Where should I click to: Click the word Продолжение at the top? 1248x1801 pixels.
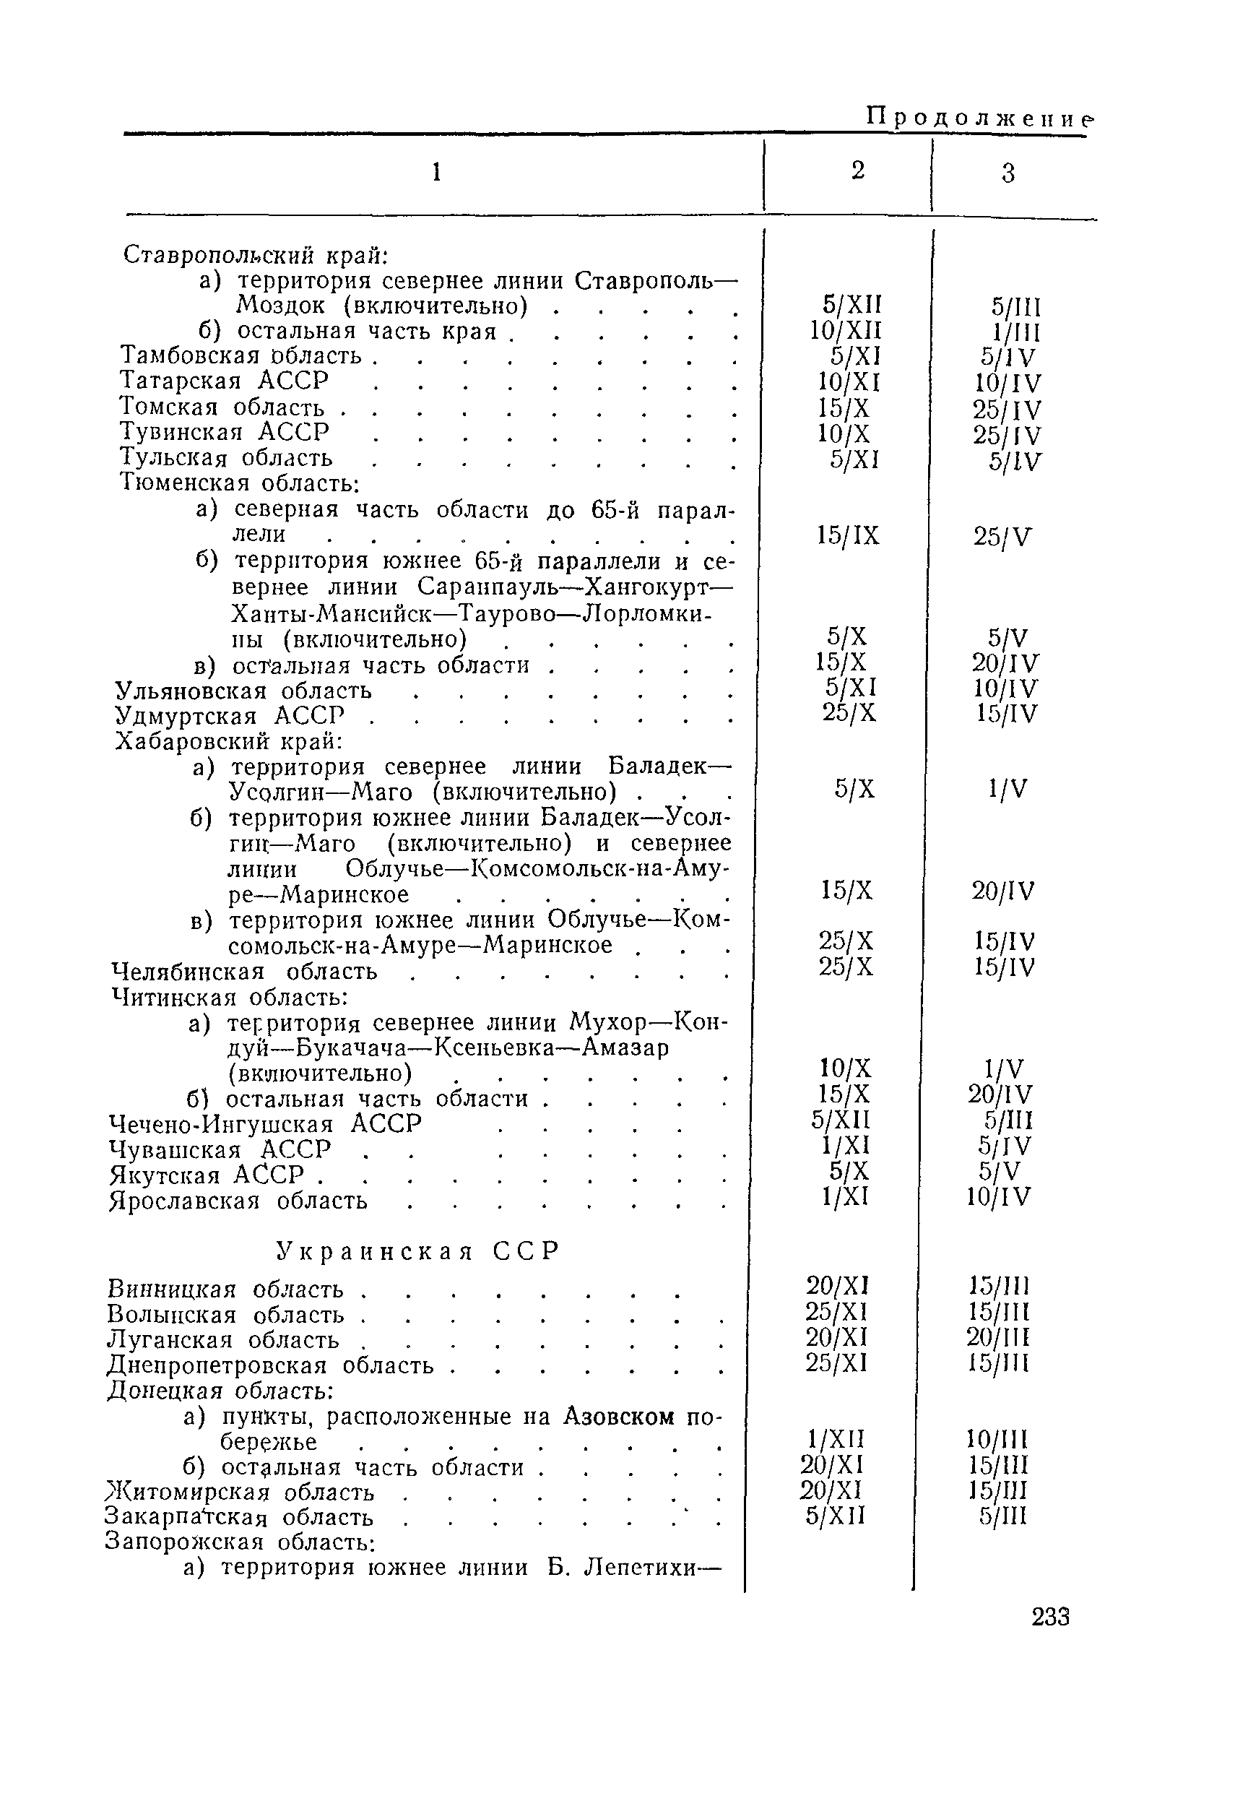point(979,117)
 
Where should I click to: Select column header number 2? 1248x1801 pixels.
point(858,170)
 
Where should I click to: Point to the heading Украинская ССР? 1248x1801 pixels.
point(418,1251)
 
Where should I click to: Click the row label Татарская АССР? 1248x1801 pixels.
point(225,381)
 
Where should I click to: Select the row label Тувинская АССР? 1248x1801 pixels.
point(225,432)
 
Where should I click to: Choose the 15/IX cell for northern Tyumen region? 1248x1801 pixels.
point(848,536)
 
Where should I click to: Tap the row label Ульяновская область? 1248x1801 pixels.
point(243,691)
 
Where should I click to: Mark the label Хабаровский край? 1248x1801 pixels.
point(229,741)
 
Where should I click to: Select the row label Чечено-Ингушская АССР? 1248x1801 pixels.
point(265,1124)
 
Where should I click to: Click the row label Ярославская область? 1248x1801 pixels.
point(238,1201)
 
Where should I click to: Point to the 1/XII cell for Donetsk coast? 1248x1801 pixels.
point(836,1439)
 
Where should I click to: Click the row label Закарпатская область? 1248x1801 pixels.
point(238,1517)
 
